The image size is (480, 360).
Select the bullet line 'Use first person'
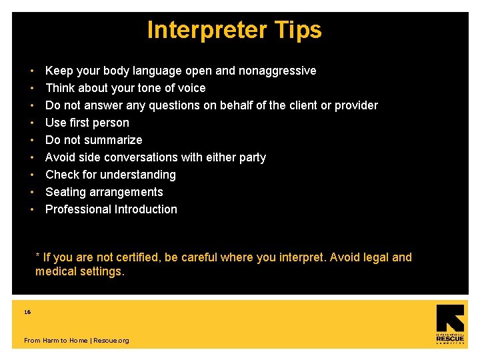pyautogui.click(x=87, y=123)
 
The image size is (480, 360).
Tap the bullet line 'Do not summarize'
pyautogui.click(x=93, y=140)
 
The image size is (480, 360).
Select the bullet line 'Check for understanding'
pyautogui.click(x=110, y=175)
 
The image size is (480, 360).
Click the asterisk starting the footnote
pyautogui.click(x=38, y=256)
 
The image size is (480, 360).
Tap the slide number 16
pyautogui.click(x=27, y=312)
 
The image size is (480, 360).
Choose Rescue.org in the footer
pyautogui.click(x=111, y=341)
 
